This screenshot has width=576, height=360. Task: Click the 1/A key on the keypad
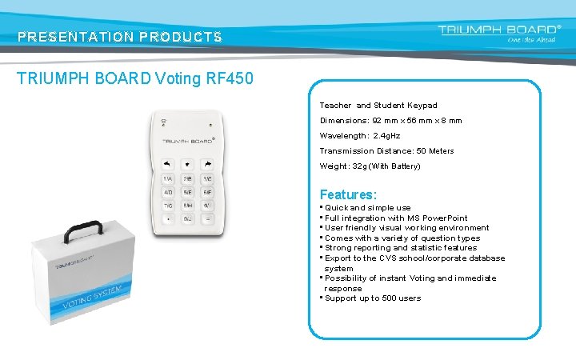(167, 179)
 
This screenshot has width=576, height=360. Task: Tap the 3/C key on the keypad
(207, 179)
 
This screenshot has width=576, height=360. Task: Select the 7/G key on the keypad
(167, 206)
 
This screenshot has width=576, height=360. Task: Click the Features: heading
(348, 194)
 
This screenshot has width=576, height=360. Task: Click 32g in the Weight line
(361, 166)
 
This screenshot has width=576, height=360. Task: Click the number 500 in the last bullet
(389, 298)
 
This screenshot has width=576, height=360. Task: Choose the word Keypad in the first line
(422, 105)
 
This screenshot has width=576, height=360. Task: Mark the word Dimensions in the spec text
(343, 120)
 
